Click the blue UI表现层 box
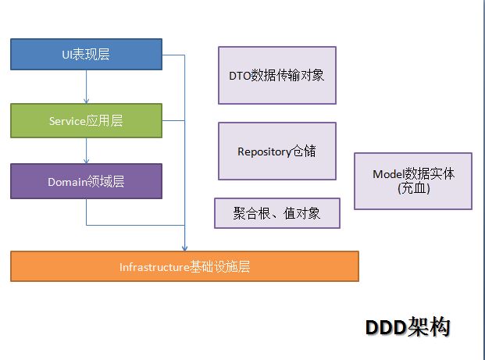86,55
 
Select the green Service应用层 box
86,121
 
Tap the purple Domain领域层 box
86,181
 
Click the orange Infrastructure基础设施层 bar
184,266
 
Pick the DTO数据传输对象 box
276,76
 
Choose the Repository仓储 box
276,151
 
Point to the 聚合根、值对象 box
276,213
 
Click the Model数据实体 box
412,180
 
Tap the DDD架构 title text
408,327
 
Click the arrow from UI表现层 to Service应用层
86,87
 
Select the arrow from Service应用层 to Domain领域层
86,150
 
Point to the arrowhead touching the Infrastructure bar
184,247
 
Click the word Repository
264,151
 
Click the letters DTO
239,77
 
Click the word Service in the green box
68,122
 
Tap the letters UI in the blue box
67,55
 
